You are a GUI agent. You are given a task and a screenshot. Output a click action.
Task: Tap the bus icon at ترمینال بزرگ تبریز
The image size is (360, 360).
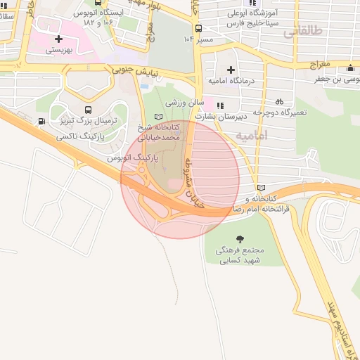88,110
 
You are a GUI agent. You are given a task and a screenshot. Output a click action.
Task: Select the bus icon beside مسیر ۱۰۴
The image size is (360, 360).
198,29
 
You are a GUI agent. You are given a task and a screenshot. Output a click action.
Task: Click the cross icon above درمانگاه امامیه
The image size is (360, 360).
231,70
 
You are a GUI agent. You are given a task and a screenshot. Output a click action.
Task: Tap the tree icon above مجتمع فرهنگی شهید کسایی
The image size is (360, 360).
242,239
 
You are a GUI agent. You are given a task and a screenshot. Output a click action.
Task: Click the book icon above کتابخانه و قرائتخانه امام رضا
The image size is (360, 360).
262,188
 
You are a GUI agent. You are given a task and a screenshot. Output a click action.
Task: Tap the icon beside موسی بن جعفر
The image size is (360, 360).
350,68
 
